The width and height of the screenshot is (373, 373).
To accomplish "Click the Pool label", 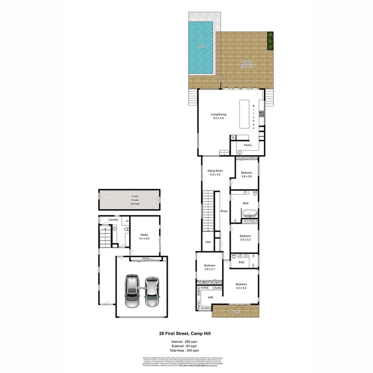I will [x=202, y=46].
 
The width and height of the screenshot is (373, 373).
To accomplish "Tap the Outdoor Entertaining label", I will [x=247, y=64].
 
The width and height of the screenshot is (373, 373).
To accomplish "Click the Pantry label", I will [x=248, y=145].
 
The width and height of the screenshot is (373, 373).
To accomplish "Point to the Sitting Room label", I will [x=215, y=172].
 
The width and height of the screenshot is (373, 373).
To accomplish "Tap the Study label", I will [x=224, y=211].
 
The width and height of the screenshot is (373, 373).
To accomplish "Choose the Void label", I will [x=208, y=242].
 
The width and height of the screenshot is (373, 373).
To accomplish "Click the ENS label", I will [x=241, y=262].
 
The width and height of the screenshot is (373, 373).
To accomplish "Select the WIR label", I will [x=210, y=297].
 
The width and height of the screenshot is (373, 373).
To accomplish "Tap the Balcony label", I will [x=235, y=312].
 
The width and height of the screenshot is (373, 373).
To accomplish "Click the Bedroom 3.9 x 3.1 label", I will [x=210, y=267].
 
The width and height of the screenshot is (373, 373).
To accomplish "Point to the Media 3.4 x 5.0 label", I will [x=144, y=237].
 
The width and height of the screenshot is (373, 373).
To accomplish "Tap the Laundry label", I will [x=113, y=220].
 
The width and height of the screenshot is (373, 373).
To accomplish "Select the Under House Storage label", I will [x=135, y=200].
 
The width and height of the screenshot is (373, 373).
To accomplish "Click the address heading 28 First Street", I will [x=186, y=333].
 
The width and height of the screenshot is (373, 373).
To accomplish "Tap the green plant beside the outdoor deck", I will [x=270, y=39].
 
